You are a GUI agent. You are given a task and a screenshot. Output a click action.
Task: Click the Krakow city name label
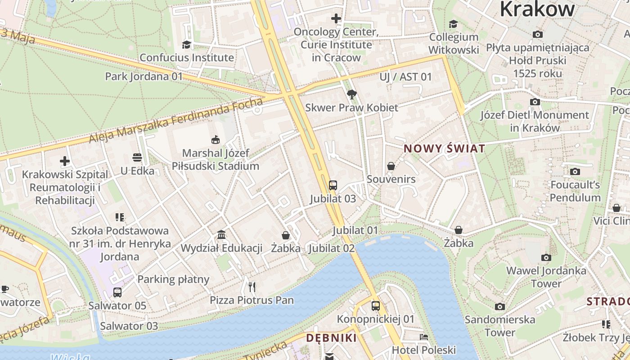point(537,9)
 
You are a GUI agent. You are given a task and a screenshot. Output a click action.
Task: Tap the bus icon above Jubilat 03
point(333,185)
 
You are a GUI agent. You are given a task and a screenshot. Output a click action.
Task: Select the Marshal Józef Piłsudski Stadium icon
point(216,140)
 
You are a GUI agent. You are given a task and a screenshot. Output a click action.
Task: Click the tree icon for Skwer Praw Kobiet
point(352,94)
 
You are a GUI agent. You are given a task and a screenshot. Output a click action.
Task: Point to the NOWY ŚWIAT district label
point(444,148)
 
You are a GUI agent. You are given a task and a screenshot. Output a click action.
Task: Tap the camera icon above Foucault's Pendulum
point(575,171)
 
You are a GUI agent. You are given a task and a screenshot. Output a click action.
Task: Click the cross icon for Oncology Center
point(336,18)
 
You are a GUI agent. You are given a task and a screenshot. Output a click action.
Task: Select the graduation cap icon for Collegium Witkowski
point(453,24)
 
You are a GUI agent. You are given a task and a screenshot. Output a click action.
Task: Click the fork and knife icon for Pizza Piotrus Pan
point(252,287)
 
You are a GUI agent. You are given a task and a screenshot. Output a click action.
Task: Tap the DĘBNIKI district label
point(331,338)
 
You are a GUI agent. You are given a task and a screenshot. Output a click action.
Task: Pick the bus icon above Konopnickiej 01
point(376,306)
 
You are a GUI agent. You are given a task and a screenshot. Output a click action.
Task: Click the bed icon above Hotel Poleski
point(423,337)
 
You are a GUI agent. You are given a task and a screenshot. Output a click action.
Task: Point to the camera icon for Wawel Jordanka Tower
point(546,257)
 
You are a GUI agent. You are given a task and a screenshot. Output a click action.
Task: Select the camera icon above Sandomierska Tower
point(499,306)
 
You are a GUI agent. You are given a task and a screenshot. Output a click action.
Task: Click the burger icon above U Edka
point(137,157)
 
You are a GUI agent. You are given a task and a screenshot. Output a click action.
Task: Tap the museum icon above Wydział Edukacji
point(221,234)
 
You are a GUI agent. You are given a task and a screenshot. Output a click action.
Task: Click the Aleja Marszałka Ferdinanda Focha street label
point(175,121)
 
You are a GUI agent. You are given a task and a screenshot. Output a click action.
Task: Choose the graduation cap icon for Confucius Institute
point(186,44)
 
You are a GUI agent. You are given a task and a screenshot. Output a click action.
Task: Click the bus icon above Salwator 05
point(117,292)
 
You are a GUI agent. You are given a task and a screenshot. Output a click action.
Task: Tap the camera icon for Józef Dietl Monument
point(535,102)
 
